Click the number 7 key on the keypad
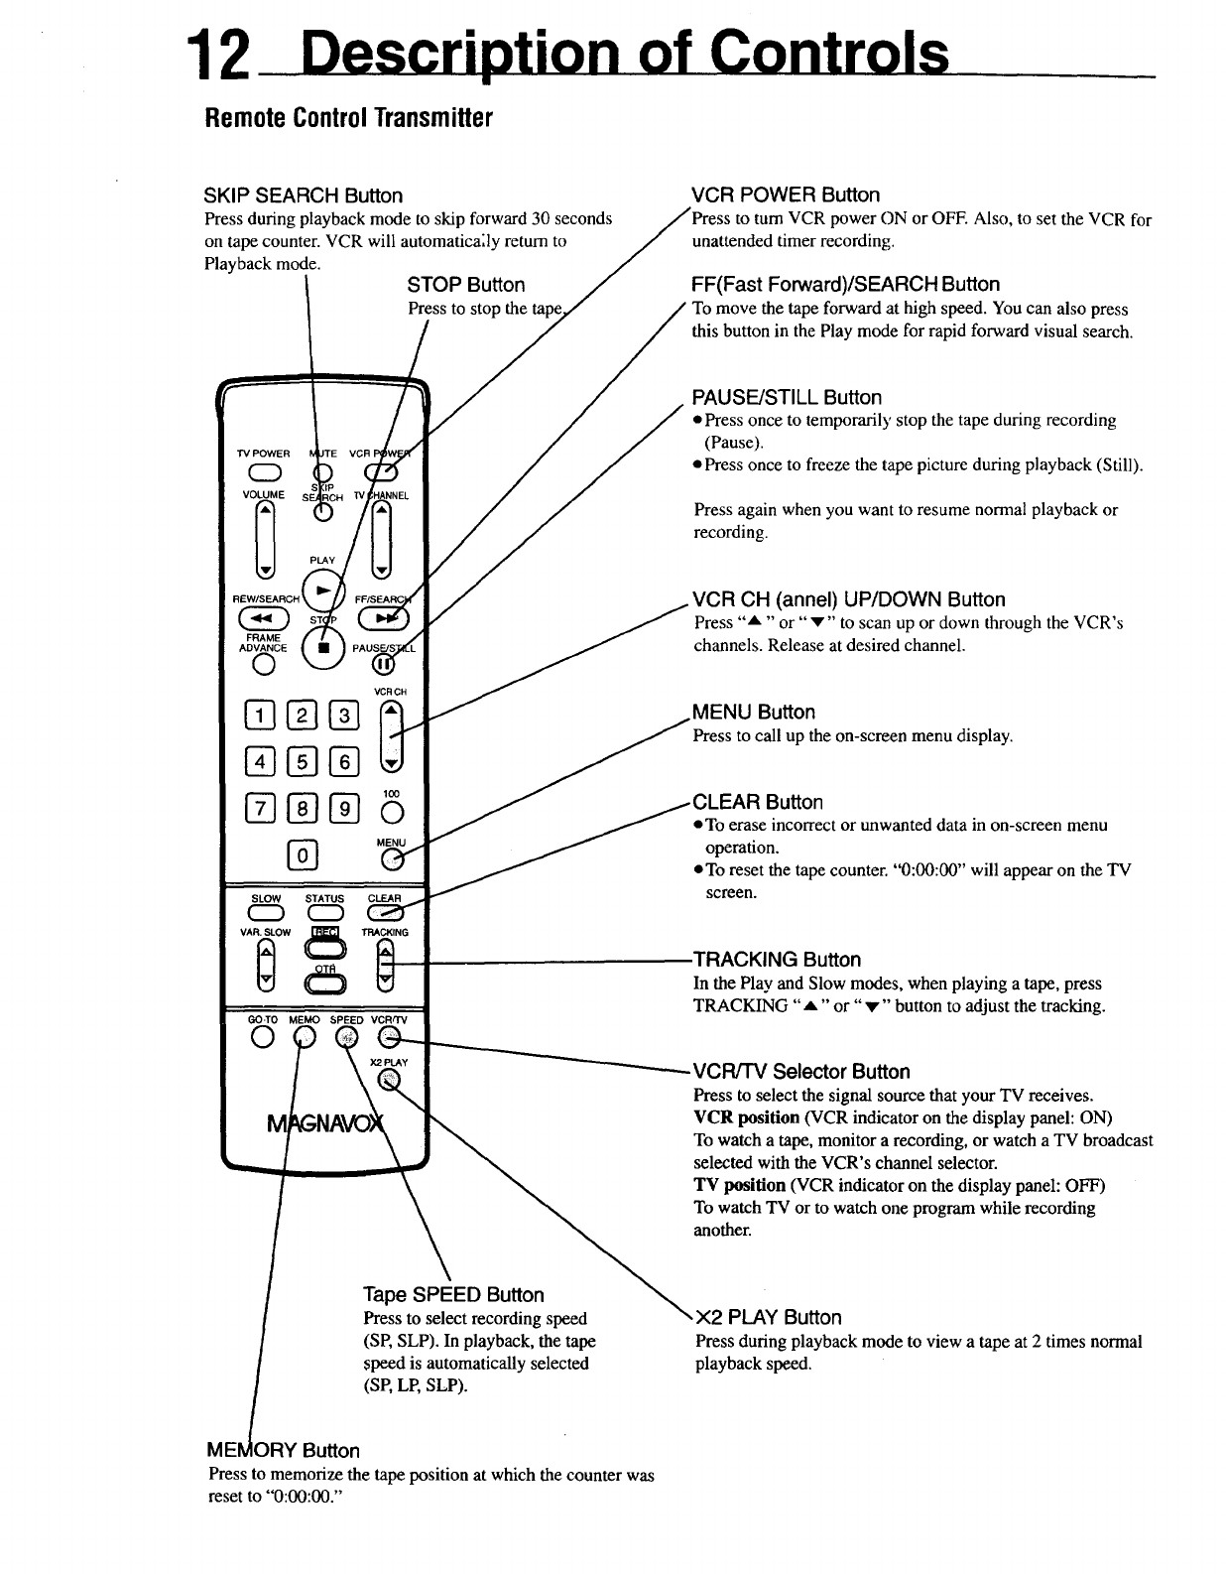pyautogui.click(x=256, y=809)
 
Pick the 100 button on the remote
pyautogui.click(x=393, y=813)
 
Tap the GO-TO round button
pyautogui.click(x=263, y=1038)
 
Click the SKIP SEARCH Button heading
pyautogui.click(x=304, y=196)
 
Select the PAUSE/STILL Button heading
pyautogui.click(x=787, y=398)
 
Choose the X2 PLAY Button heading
pyautogui.click(x=769, y=1318)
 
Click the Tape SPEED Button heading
pyautogui.click(x=453, y=1295)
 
